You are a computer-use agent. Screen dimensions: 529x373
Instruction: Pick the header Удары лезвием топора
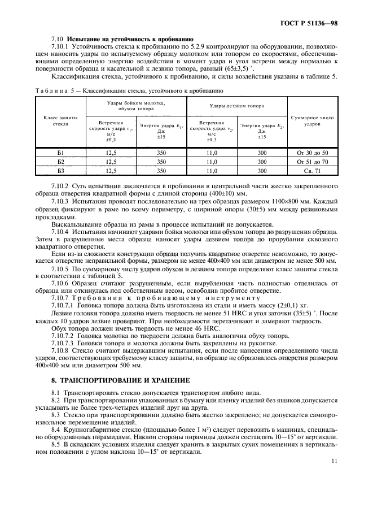(237, 106)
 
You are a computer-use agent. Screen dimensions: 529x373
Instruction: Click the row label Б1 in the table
(60, 153)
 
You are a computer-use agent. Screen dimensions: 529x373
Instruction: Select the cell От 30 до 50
(312, 153)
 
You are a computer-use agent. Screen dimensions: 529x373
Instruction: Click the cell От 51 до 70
(312, 162)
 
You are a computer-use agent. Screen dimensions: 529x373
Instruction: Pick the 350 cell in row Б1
(161, 153)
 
